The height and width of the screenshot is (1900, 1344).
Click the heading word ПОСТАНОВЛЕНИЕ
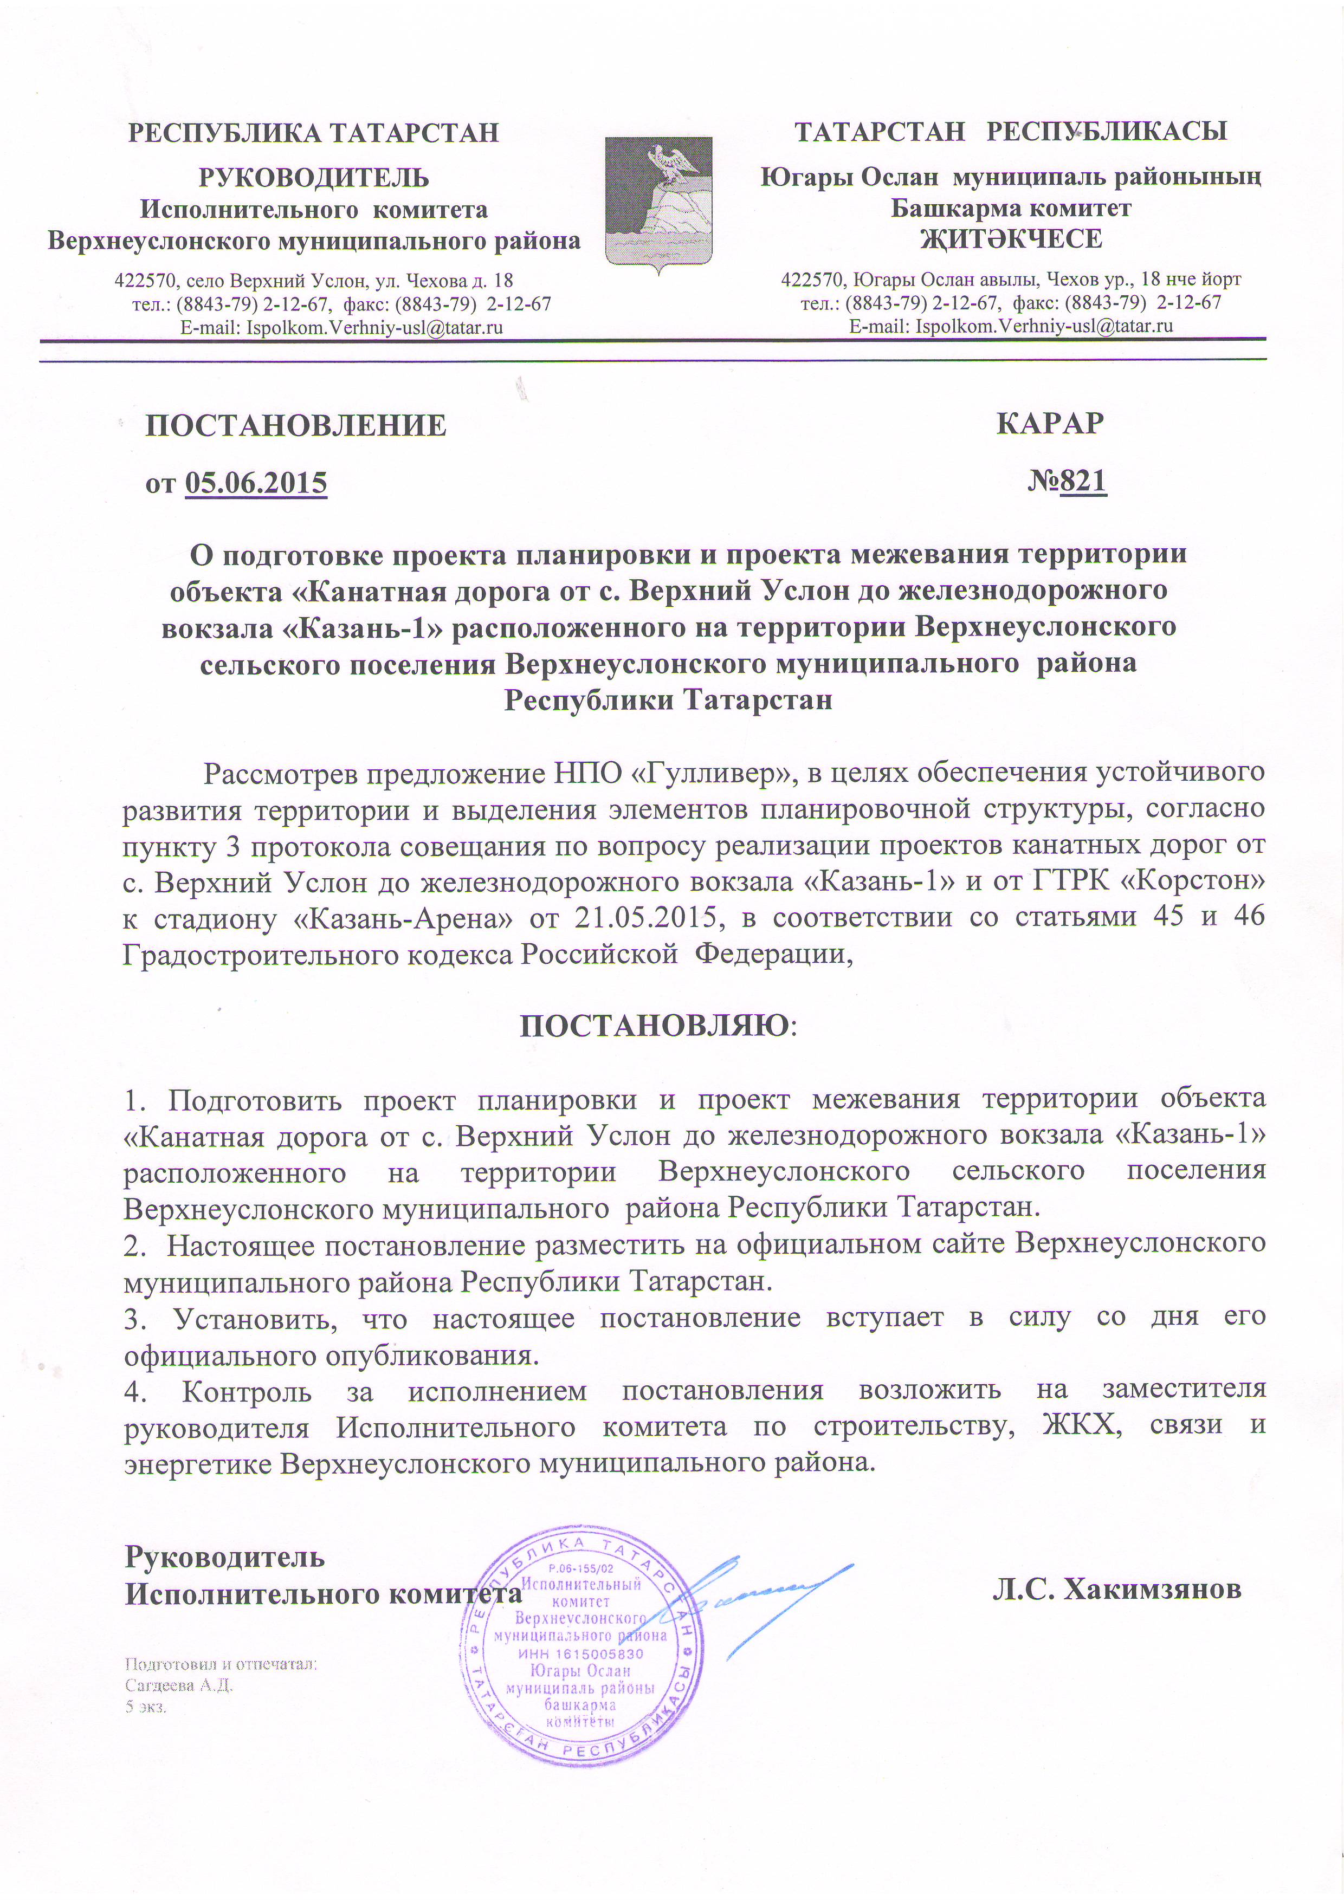click(295, 425)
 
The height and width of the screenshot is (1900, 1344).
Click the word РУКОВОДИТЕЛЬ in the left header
click(314, 178)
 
